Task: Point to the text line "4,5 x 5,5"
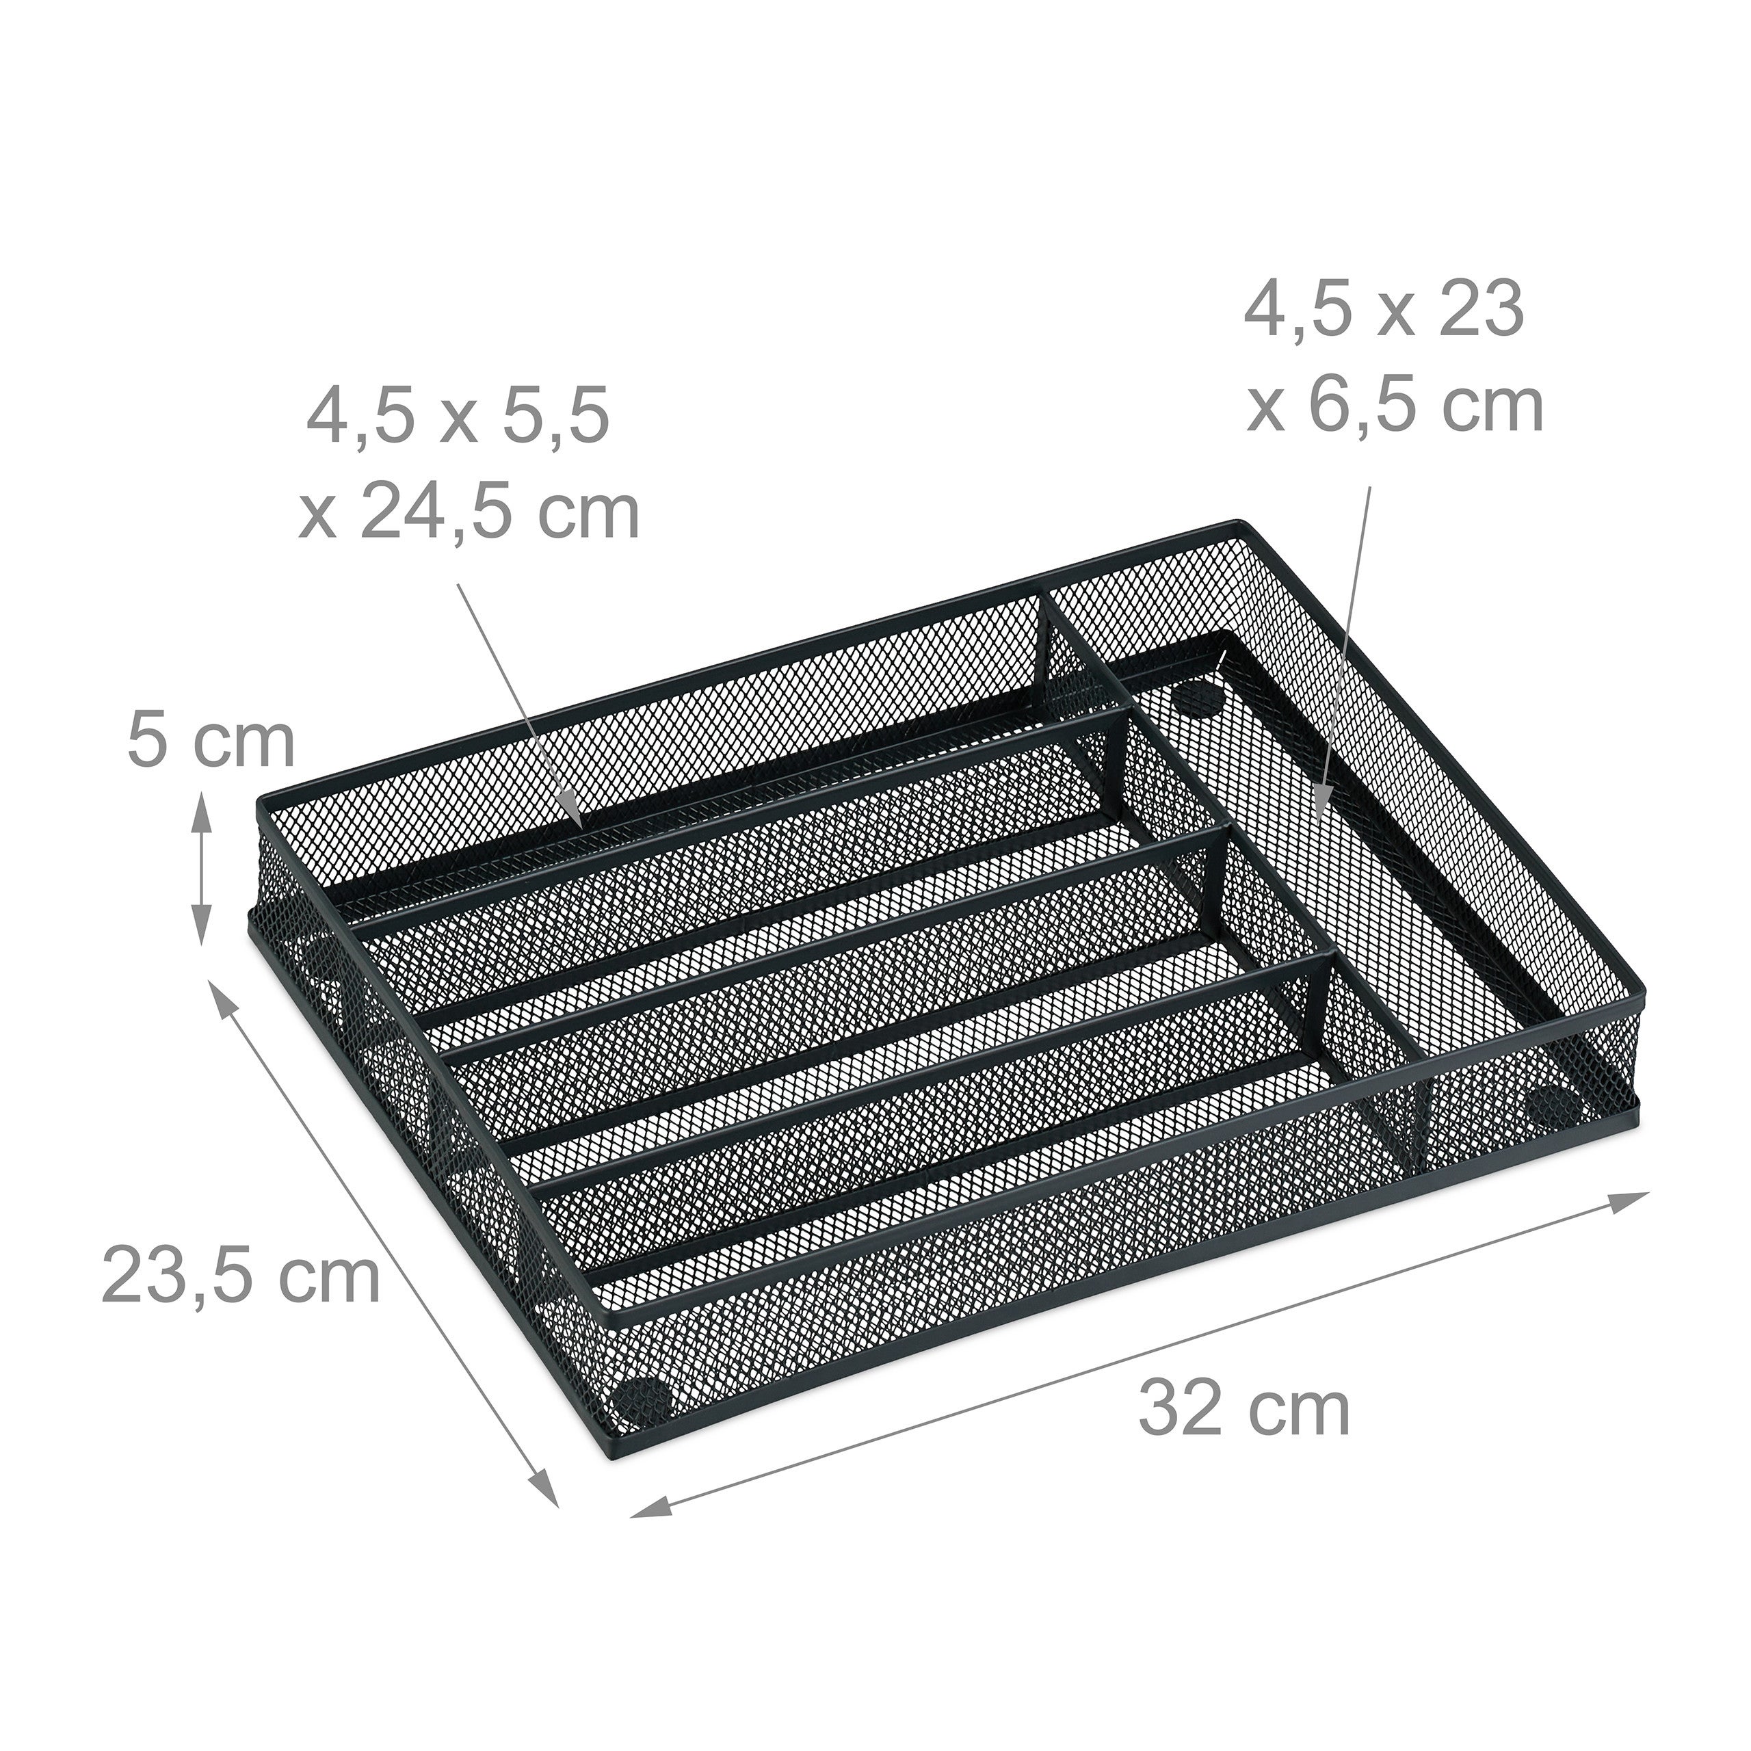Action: coord(458,419)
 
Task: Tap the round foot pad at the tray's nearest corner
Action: coord(641,1401)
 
